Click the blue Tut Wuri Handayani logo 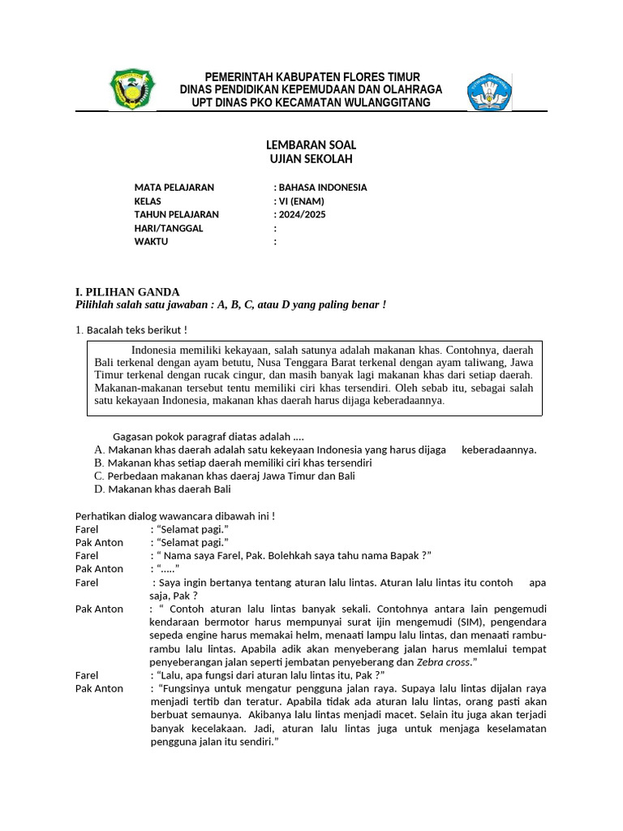[489, 92]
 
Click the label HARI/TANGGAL [169, 228]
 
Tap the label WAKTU [151, 242]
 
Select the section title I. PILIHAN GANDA [127, 292]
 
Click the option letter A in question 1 [98, 450]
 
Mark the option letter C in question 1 [98, 476]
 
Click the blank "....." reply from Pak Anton [165, 569]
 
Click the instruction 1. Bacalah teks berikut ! [131, 329]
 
